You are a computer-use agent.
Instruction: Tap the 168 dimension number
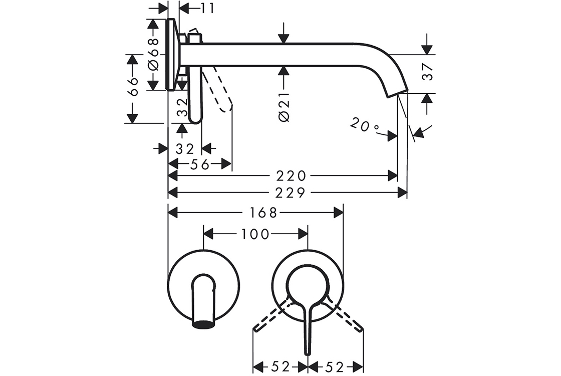(x=264, y=213)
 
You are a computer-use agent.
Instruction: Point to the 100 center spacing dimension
(x=255, y=234)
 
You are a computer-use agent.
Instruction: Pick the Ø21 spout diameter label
(x=283, y=107)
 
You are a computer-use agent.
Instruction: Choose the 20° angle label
(x=365, y=125)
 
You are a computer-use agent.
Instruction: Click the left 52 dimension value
(x=282, y=366)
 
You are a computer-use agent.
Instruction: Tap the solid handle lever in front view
(x=308, y=326)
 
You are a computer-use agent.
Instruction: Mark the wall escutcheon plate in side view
(x=171, y=55)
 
